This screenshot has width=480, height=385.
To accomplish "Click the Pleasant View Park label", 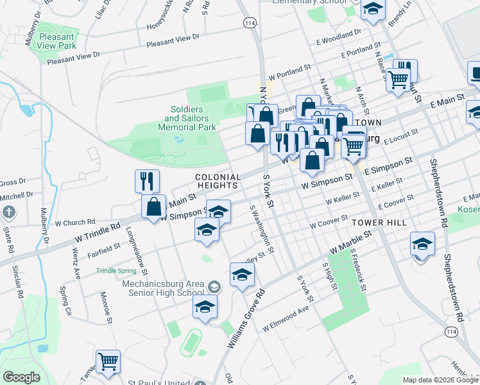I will [x=57, y=41].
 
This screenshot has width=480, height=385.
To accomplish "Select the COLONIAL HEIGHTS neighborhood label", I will [x=218, y=181].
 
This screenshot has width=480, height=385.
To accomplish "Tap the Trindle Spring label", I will [x=116, y=271].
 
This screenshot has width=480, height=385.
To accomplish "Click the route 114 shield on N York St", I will [x=250, y=22].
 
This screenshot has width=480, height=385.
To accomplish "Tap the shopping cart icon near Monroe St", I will [x=108, y=361].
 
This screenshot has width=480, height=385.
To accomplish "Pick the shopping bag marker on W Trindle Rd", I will [x=153, y=207].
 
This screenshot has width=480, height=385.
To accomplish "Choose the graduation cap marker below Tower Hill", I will [x=422, y=244].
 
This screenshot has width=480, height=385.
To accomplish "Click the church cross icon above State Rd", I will [x=9, y=212].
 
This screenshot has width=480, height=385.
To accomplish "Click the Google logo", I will [x=21, y=377].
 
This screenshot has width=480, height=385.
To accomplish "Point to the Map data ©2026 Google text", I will [x=440, y=380].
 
